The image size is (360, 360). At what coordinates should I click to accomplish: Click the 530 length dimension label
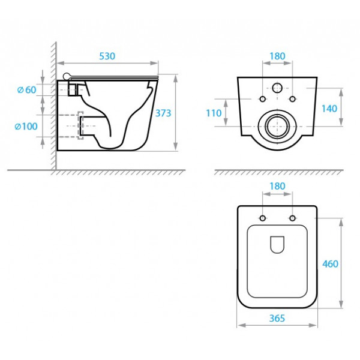click(x=107, y=56)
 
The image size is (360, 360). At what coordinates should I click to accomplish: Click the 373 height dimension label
click(x=163, y=113)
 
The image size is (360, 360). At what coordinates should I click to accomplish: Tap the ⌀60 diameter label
click(x=26, y=90)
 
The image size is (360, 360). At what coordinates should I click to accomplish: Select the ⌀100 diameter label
click(x=26, y=126)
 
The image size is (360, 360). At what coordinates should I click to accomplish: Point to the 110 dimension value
click(x=214, y=113)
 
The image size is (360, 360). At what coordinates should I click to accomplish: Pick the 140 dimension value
click(x=329, y=109)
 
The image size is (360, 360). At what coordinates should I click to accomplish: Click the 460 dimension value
click(x=330, y=264)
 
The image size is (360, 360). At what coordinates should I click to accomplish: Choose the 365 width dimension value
click(x=277, y=318)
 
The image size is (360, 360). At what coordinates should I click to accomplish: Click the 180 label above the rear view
click(x=277, y=56)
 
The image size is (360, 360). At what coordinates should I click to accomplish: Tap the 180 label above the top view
click(x=277, y=186)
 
